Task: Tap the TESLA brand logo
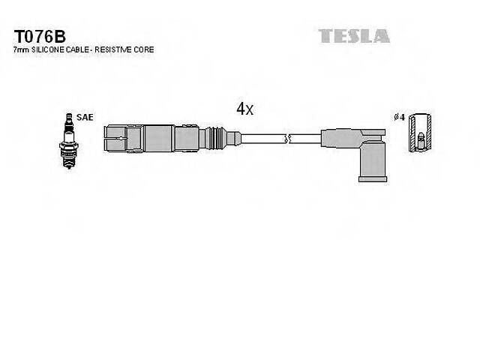pos(353,36)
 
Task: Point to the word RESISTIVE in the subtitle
pos(120,49)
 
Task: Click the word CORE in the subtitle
pos(147,49)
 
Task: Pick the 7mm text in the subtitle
pos(22,49)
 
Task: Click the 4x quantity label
pos(245,109)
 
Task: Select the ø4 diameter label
pos(400,118)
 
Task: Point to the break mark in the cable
pos(287,139)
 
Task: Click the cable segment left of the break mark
pos(262,139)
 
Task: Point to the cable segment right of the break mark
pos(305,139)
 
